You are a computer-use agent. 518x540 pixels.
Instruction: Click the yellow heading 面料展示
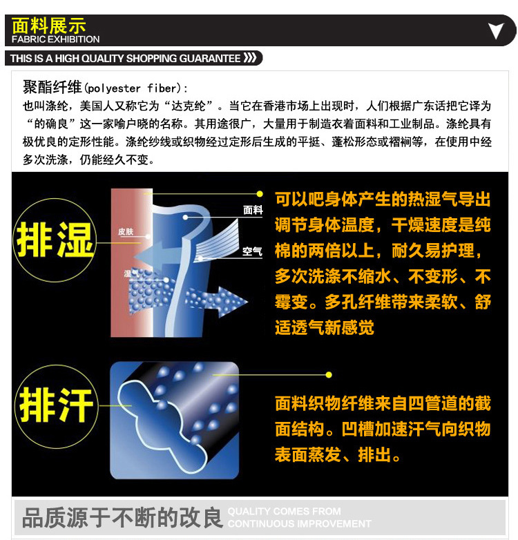pyautogui.click(x=48, y=25)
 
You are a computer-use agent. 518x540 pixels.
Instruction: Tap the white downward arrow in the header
pyautogui.click(x=496, y=30)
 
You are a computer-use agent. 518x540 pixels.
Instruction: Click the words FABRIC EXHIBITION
pyautogui.click(x=55, y=39)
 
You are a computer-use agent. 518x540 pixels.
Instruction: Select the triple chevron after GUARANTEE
pyautogui.click(x=250, y=57)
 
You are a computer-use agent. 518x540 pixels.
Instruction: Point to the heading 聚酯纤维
pyautogui.click(x=52, y=87)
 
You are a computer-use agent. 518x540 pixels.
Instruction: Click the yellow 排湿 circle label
pyautogui.click(x=55, y=240)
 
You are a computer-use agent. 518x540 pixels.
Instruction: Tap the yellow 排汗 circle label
pyautogui.click(x=57, y=406)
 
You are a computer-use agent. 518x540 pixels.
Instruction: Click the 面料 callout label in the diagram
pyautogui.click(x=253, y=209)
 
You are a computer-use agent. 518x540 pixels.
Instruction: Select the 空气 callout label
pyautogui.click(x=253, y=251)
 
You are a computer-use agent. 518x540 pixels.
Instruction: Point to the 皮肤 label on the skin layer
pyautogui.click(x=126, y=231)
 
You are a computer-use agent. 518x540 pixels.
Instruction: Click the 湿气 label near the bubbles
pyautogui.click(x=131, y=274)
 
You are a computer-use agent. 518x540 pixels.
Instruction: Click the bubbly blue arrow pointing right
pyautogui.click(x=216, y=301)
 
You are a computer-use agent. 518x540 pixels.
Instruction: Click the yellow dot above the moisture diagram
pyautogui.click(x=260, y=194)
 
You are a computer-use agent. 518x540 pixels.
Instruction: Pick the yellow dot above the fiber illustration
pyautogui.click(x=329, y=375)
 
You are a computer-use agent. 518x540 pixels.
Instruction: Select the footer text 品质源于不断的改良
pyautogui.click(x=122, y=518)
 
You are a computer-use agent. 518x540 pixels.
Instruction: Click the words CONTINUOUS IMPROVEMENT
pyautogui.click(x=299, y=524)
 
